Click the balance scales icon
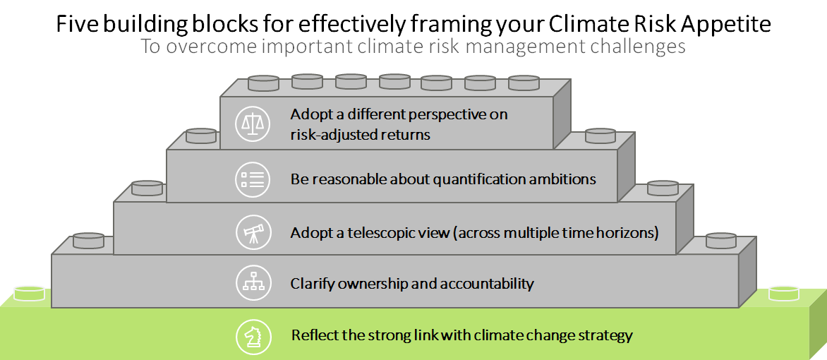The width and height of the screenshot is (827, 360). pos(253,123)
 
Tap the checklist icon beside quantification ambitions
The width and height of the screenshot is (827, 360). pos(253,179)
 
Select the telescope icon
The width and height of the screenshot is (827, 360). pos(253,232)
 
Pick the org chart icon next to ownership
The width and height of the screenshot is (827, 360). pos(253,284)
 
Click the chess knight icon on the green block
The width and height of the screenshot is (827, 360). pos(253,336)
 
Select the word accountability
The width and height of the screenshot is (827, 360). pos(488,284)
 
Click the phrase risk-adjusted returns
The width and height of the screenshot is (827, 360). pos(361,135)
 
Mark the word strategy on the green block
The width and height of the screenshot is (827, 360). pos(606,336)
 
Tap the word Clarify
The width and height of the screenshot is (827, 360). pos(312,284)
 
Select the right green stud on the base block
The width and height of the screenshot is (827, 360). pos(785,293)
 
